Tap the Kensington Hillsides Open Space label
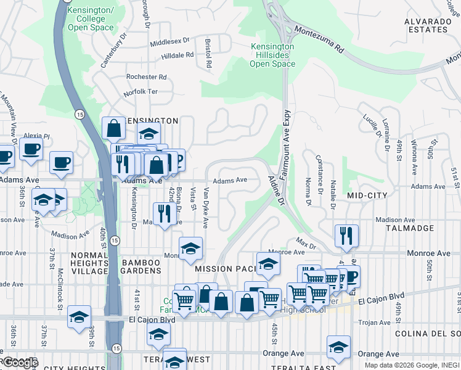(272, 55)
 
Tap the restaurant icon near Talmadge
(346, 235)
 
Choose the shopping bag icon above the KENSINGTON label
(113, 128)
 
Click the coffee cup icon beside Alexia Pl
(31, 148)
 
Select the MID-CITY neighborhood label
(367, 195)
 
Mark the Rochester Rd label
(146, 77)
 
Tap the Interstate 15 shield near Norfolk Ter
(80, 115)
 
